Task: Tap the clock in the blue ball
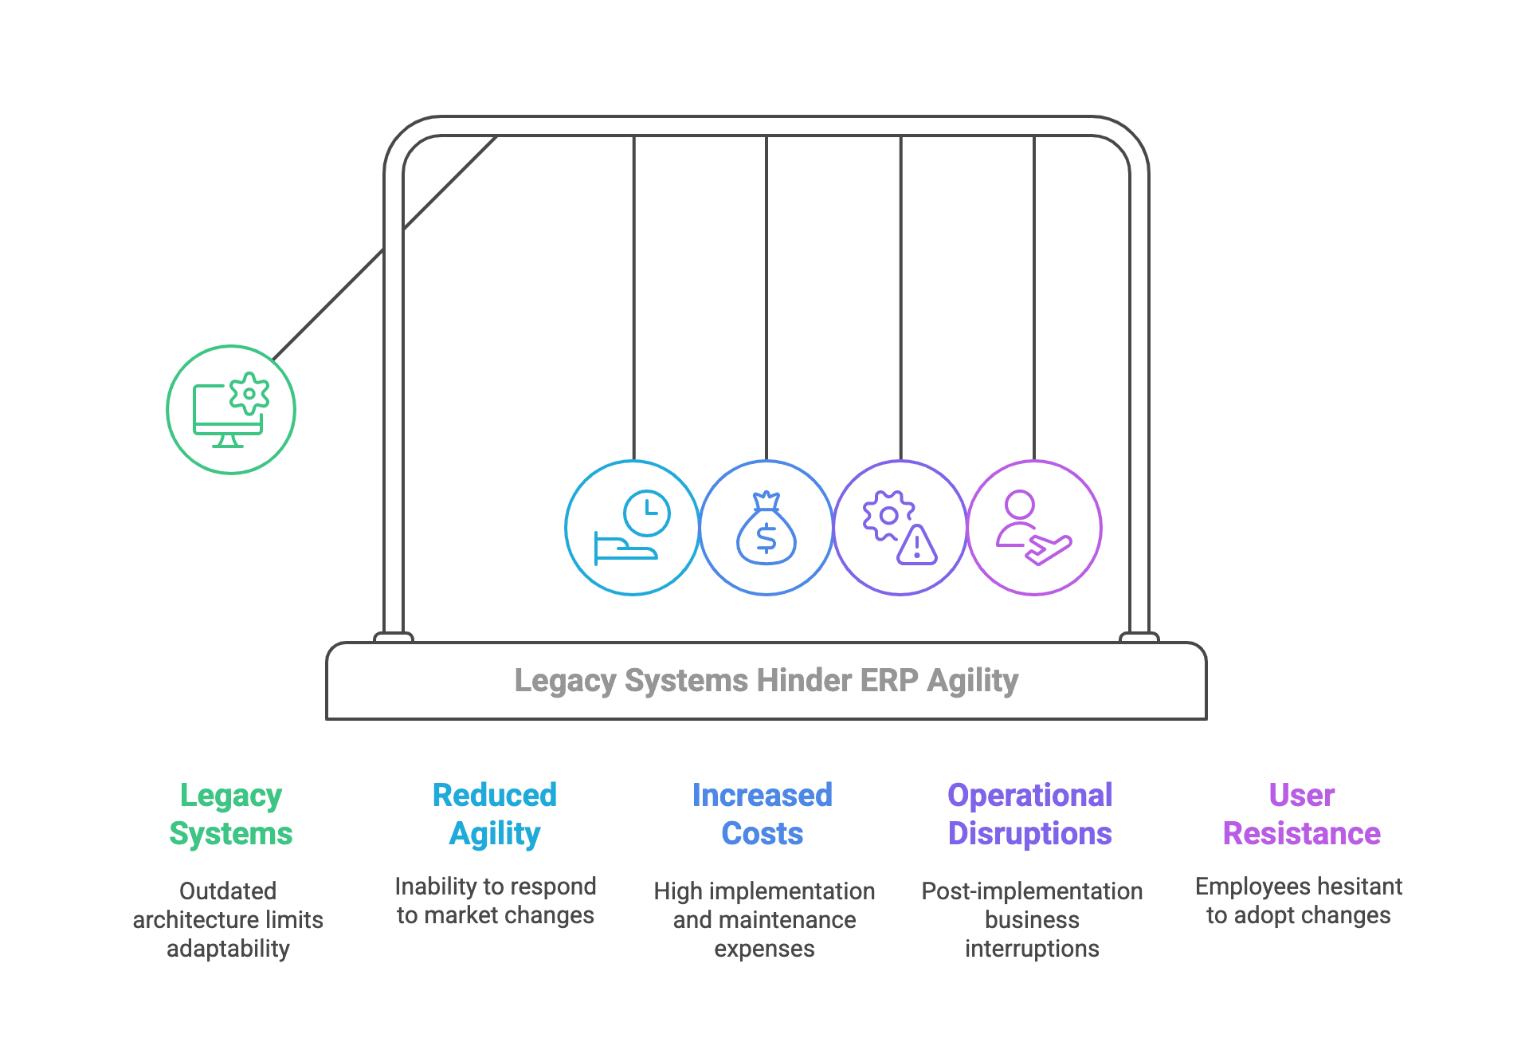coord(646,512)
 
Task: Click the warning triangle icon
coord(917,545)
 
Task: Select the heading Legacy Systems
coord(230,814)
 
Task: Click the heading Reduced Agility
coord(494,814)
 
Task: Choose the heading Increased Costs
coord(763,814)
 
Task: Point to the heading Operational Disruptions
coord(1029,814)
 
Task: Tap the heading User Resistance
coord(1301,814)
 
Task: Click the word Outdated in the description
coord(228,891)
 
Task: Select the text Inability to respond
coord(495,887)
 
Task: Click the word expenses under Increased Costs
coord(764,949)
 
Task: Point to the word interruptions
coord(1032,949)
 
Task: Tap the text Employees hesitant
coord(1299,887)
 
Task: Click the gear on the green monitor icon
coord(249,393)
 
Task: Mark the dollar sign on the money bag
coord(766,539)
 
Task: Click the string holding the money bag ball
coord(766,295)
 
